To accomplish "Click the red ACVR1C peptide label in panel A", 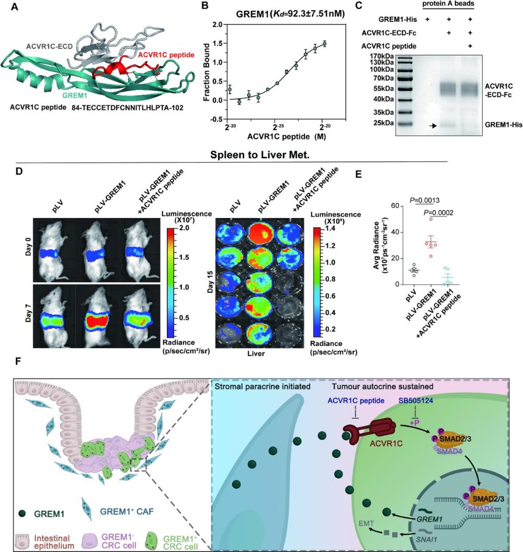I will (164, 54).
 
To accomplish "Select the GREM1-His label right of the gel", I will (500, 125).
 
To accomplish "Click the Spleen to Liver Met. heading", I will (261, 155).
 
